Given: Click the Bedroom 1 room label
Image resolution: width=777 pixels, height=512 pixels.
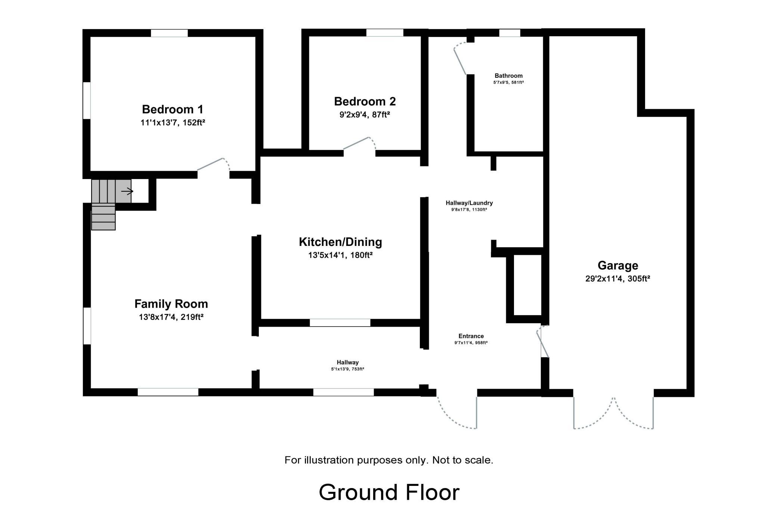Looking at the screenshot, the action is [173, 109].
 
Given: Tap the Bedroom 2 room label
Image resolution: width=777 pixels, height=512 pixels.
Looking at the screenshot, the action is [365, 101].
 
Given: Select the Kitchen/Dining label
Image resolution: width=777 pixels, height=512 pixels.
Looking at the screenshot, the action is [340, 242].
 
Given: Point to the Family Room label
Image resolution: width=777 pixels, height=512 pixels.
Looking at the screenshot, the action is [171, 304].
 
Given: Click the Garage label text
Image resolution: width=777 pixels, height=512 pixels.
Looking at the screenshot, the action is [618, 265].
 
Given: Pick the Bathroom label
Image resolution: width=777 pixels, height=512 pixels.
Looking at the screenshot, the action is [508, 76].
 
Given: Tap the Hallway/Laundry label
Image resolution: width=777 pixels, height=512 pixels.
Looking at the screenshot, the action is [469, 203].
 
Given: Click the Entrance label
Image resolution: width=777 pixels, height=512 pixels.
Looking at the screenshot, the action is [471, 336].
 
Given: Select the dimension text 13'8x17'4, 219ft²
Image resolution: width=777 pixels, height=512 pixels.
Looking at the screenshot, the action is [171, 317].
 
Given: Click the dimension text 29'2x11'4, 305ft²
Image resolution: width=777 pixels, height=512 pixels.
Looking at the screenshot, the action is [618, 279].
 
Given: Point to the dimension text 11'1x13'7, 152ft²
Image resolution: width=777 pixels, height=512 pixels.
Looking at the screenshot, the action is [173, 123].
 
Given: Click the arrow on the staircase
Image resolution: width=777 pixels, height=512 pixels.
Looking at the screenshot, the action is [127, 191].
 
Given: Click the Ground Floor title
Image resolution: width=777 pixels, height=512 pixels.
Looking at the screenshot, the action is [389, 492].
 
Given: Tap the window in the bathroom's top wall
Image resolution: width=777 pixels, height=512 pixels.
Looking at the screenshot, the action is [510, 33].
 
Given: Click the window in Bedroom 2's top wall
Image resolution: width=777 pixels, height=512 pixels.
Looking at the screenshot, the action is [385, 33].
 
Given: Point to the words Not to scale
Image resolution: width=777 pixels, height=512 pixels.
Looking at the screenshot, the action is [462, 460].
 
